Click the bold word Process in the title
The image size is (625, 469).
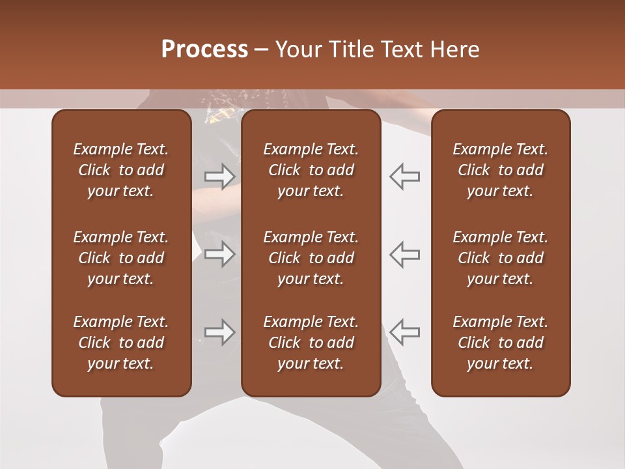point(204,50)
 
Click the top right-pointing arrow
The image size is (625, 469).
point(219,177)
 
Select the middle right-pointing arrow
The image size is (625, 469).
point(219,254)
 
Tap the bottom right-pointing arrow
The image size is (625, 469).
point(219,332)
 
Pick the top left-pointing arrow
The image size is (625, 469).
point(405,177)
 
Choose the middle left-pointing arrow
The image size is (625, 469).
point(405,254)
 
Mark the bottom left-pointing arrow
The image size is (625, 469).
point(405,332)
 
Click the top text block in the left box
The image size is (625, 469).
point(121,170)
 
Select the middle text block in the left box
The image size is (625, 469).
point(121,258)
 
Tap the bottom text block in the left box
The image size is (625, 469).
point(121,343)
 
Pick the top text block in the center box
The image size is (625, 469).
point(311,170)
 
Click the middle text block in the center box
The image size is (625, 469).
point(311,258)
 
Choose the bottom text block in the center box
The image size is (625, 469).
point(311,343)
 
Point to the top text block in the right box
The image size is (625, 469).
point(500,170)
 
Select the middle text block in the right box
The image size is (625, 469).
point(500,258)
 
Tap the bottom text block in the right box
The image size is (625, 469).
point(500,343)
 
